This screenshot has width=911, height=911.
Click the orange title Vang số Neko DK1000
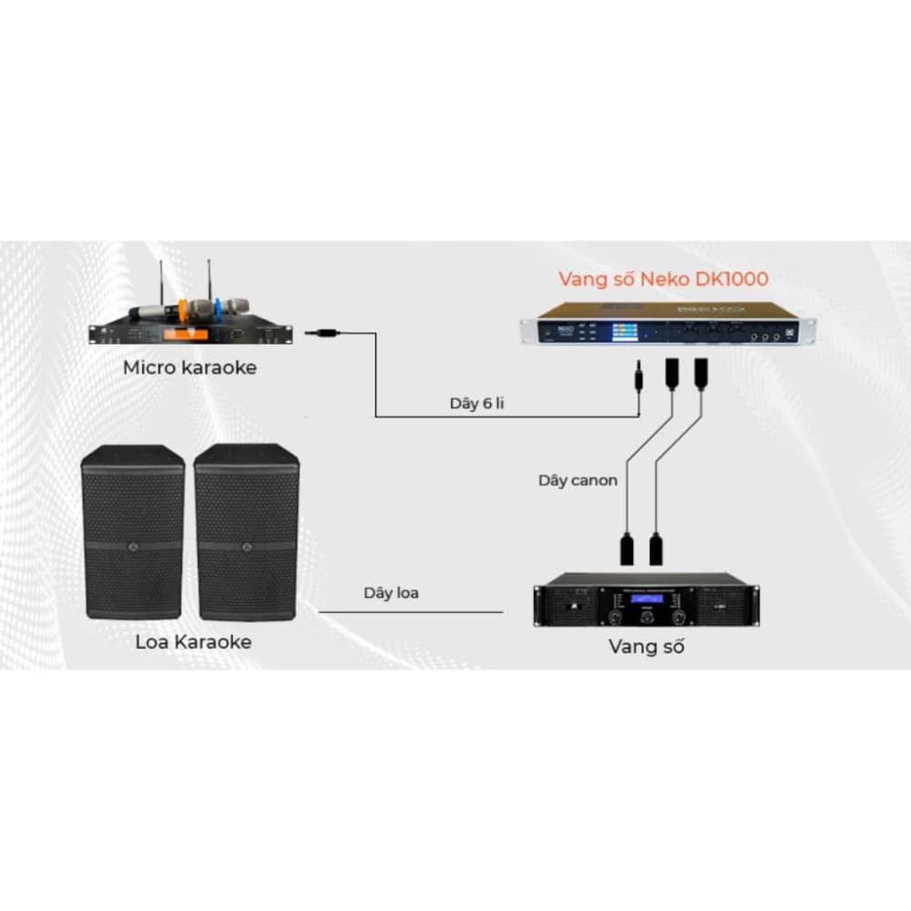pos(664,279)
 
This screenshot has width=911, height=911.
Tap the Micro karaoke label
pos(190,368)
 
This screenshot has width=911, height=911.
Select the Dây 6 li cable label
pos(476,403)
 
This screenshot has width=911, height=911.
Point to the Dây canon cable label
pos(578,480)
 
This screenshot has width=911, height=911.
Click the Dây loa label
pos(391,593)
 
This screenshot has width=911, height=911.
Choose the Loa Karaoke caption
pos(193,641)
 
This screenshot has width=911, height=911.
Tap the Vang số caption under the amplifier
pos(646,647)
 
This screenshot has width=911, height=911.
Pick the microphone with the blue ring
pos(228,307)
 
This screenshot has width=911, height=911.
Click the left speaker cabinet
pos(133,530)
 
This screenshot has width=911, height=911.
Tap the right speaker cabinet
pos(247,530)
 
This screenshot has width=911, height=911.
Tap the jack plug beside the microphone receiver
pos(323,334)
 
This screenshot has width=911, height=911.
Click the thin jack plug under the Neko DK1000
pos(640,374)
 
